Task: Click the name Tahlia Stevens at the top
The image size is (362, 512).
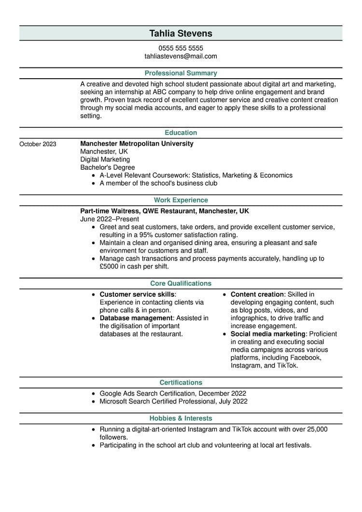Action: click(x=181, y=33)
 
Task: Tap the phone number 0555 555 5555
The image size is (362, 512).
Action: click(x=181, y=48)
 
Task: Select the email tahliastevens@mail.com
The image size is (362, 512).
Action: click(x=181, y=56)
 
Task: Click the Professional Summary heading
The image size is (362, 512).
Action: click(x=181, y=73)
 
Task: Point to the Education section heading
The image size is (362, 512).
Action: click(x=181, y=133)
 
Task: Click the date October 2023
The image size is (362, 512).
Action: click(x=38, y=144)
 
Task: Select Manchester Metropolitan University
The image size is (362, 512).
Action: click(x=137, y=144)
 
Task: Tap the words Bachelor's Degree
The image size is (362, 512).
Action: click(x=108, y=167)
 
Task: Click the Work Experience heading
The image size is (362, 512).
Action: click(x=181, y=200)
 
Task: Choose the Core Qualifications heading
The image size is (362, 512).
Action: click(x=181, y=284)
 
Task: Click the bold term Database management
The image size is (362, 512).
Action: click(x=136, y=318)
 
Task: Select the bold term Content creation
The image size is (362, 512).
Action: click(x=257, y=294)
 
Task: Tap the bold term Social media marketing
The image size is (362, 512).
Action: click(x=268, y=334)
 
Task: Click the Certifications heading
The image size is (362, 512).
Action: click(x=181, y=383)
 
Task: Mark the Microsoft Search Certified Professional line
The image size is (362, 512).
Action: click(x=173, y=401)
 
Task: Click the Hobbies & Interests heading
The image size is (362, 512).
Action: click(x=181, y=418)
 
